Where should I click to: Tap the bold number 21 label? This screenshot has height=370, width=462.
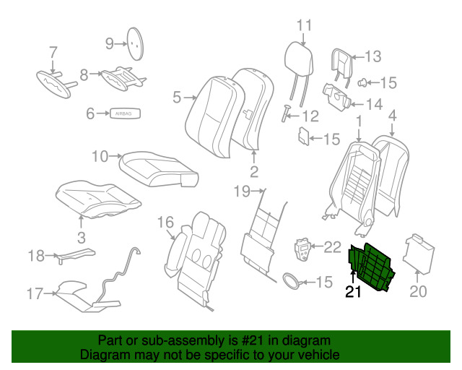352,292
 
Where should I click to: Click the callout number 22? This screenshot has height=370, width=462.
331,247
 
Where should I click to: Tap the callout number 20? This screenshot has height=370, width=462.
419,292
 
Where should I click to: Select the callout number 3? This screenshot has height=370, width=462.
81,237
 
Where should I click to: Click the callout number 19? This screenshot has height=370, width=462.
241,192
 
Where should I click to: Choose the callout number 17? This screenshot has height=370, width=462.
35,293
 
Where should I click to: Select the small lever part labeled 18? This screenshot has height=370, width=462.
77,254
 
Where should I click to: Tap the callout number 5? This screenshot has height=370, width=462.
176,95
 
